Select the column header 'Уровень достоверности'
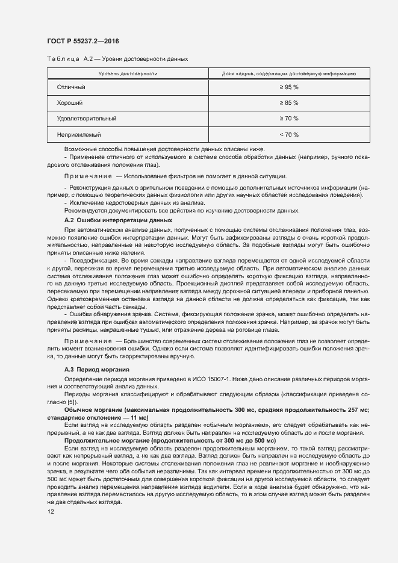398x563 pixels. (x=128, y=73)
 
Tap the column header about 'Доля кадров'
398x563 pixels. (x=281, y=73)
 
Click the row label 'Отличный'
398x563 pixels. (x=71, y=87)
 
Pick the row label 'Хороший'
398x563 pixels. (x=70, y=103)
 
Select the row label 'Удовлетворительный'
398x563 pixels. (x=87, y=119)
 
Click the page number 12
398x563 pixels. (x=51, y=511)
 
